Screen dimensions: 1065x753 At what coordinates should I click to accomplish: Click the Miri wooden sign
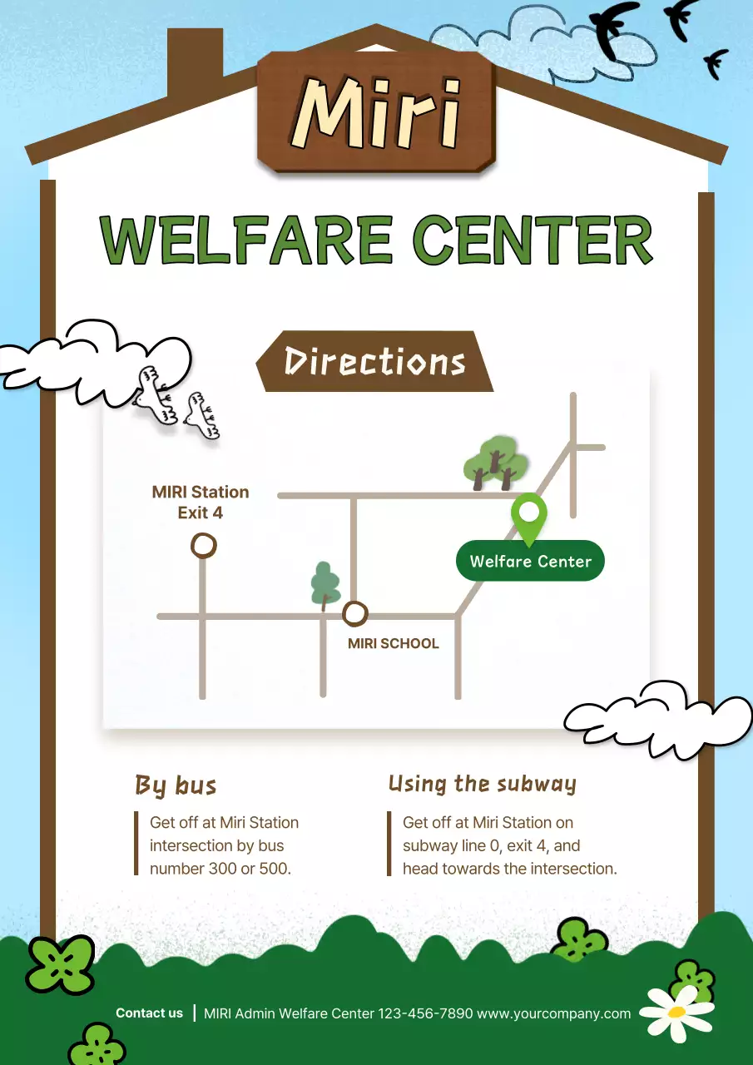376,111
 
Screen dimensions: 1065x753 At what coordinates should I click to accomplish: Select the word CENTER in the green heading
533,240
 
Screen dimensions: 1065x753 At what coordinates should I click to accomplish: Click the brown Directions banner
375,362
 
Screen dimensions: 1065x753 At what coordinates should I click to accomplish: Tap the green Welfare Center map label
530,562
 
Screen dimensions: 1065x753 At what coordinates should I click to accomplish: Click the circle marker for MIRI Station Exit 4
203,546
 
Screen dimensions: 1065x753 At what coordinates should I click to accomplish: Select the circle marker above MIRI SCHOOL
355,614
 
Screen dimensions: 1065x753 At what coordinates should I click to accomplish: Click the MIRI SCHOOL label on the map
393,643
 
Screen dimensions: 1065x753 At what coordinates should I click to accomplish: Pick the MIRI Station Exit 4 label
201,503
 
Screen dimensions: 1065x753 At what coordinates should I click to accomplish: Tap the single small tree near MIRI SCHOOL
325,583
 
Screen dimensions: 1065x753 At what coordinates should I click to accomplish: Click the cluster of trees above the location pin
496,463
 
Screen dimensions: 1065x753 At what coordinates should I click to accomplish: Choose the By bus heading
176,785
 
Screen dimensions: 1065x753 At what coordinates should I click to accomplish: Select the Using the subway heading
482,784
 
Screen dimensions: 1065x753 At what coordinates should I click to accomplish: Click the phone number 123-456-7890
425,1013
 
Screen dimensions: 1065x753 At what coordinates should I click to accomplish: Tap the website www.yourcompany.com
553,1013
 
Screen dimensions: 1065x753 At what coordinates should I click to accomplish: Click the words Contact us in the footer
149,1013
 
